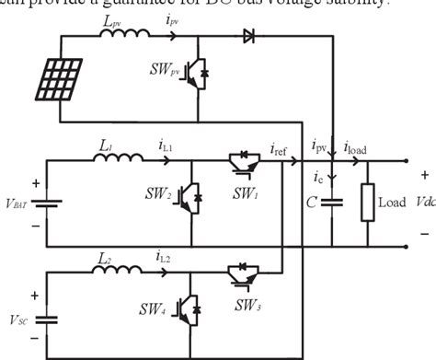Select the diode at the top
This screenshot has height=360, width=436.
click(249, 37)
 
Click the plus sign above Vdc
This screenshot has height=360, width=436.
click(424, 174)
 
